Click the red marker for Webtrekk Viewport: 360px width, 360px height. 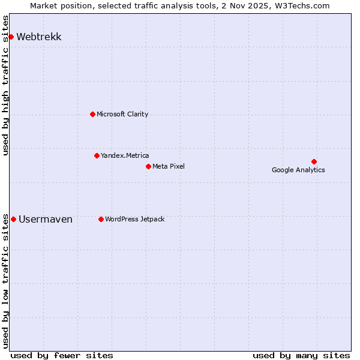(11, 37)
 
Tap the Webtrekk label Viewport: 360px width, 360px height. (39, 37)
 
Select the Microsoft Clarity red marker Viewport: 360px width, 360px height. (92, 114)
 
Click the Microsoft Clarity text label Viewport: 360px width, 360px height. (122, 114)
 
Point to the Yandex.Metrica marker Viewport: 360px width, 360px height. (97, 155)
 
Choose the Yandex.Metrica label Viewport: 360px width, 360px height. (125, 155)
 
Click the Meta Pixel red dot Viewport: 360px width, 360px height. (148, 166)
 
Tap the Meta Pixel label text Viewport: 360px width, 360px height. (169, 166)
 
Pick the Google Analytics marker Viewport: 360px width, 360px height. (314, 161)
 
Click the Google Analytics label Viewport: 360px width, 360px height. (298, 170)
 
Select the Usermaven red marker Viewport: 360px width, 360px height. (13, 219)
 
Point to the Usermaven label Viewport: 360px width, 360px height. (46, 220)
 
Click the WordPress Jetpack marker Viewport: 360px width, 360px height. (101, 219)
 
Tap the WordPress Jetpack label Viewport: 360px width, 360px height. (135, 219)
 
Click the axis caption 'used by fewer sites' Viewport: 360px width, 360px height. (62, 355)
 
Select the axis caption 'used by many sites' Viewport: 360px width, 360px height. (301, 355)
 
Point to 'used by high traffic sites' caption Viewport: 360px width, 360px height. (6, 85)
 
